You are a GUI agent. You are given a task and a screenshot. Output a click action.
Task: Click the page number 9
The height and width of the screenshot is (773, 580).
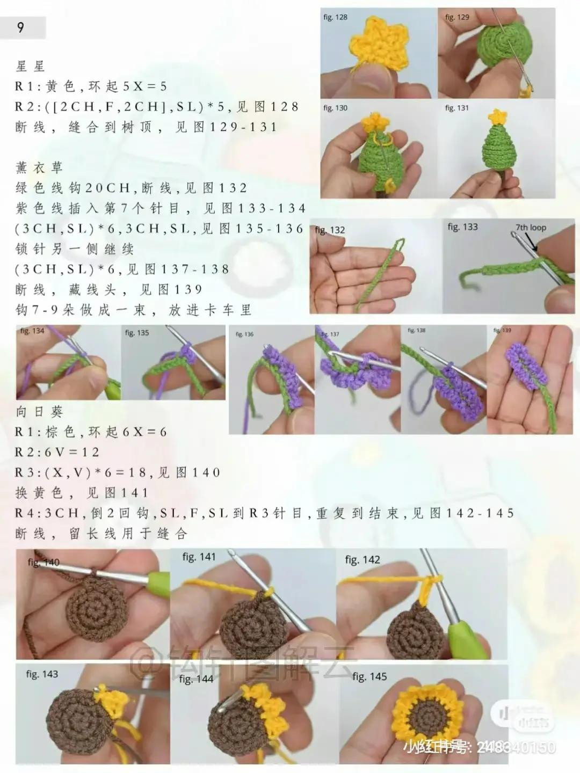[21, 27]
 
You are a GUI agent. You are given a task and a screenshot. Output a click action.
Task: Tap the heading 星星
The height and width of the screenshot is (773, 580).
[31, 67]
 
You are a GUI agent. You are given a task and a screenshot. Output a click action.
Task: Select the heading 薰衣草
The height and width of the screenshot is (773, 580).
[39, 168]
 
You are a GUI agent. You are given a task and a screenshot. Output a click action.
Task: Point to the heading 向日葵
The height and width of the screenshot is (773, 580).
[39, 412]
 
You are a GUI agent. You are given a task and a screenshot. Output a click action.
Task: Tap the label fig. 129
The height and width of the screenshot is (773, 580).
[457, 17]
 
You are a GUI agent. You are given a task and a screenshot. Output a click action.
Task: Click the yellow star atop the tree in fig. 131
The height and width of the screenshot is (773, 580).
[498, 116]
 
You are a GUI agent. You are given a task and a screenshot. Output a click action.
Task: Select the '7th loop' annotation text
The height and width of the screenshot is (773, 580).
[531, 228]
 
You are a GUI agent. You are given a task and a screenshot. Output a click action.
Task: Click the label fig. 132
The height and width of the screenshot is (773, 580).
[330, 230]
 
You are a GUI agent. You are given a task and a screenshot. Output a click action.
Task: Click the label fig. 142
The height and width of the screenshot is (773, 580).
[363, 560]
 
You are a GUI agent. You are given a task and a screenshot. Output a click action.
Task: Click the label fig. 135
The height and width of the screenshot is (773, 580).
[137, 333]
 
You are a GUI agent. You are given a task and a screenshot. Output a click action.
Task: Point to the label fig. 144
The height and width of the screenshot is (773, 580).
[196, 679]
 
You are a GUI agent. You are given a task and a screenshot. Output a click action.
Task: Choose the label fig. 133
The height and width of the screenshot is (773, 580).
[462, 227]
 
